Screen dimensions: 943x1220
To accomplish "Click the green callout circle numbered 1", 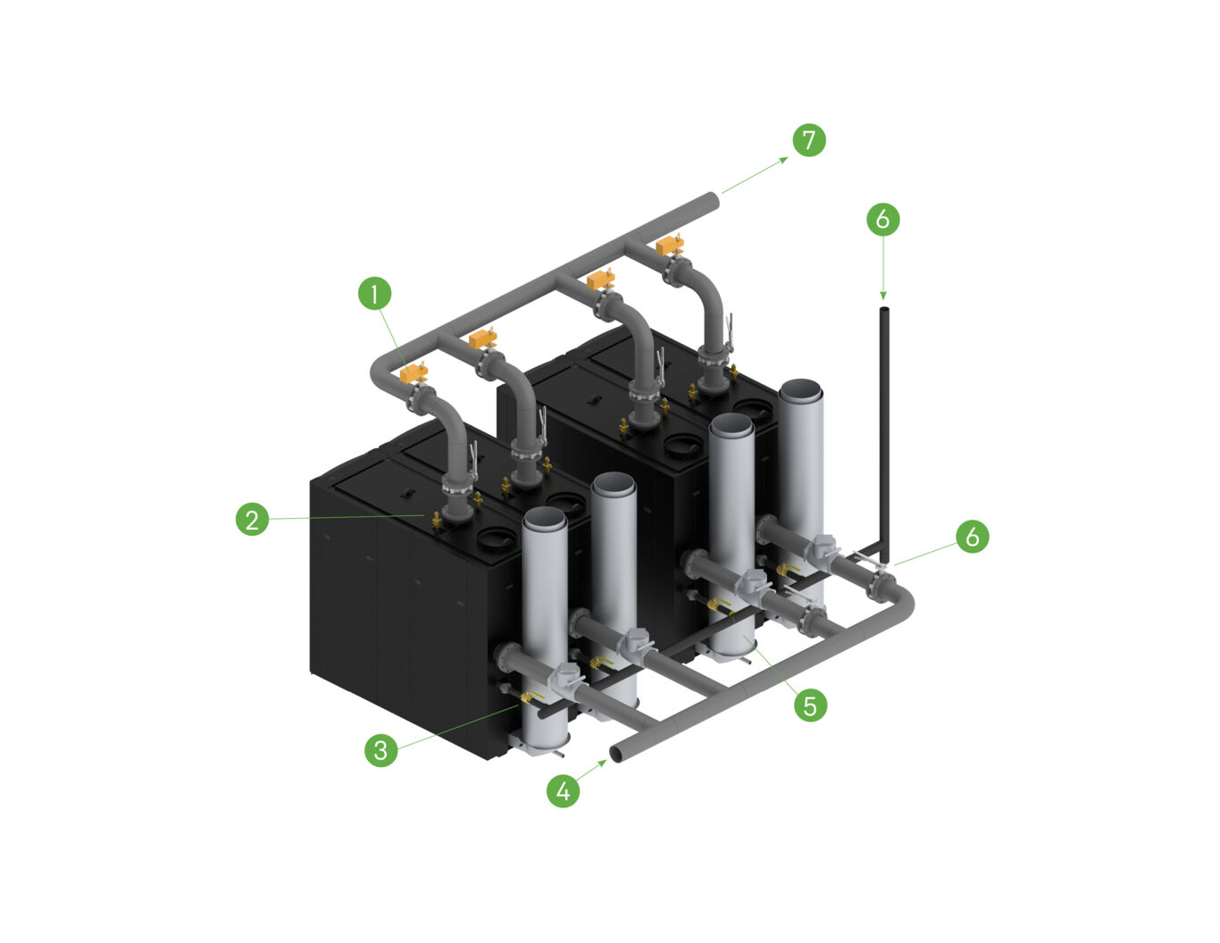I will click(x=375, y=293).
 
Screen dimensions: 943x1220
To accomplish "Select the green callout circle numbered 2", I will click(x=253, y=519).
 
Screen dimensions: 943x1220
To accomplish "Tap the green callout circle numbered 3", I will click(x=381, y=749).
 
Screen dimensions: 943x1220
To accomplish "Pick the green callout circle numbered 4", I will click(x=563, y=790).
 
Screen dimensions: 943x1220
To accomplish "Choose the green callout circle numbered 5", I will click(x=810, y=705).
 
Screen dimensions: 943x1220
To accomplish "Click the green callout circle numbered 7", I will click(x=809, y=139).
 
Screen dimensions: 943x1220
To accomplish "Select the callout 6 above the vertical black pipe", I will click(x=883, y=219).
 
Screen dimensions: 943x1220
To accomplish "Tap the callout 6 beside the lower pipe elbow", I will click(x=973, y=536).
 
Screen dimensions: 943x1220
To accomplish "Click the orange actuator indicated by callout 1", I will click(x=414, y=371).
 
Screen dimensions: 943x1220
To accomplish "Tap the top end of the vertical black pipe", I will click(x=884, y=311).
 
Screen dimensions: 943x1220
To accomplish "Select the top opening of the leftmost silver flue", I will click(x=544, y=518).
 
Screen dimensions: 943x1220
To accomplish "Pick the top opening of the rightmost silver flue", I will click(x=801, y=390).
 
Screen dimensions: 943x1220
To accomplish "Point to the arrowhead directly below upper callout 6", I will click(x=883, y=296).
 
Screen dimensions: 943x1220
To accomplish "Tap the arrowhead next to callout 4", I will click(x=603, y=763).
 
